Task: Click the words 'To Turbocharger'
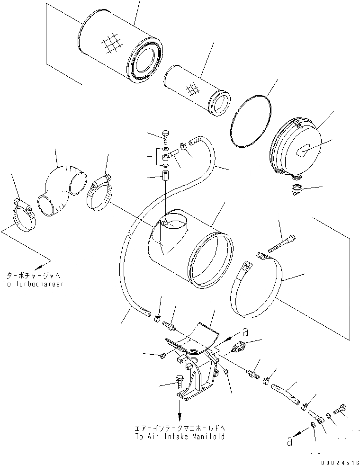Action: pyautogui.click(x=35, y=284)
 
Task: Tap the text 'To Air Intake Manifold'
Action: pyautogui.click(x=180, y=437)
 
